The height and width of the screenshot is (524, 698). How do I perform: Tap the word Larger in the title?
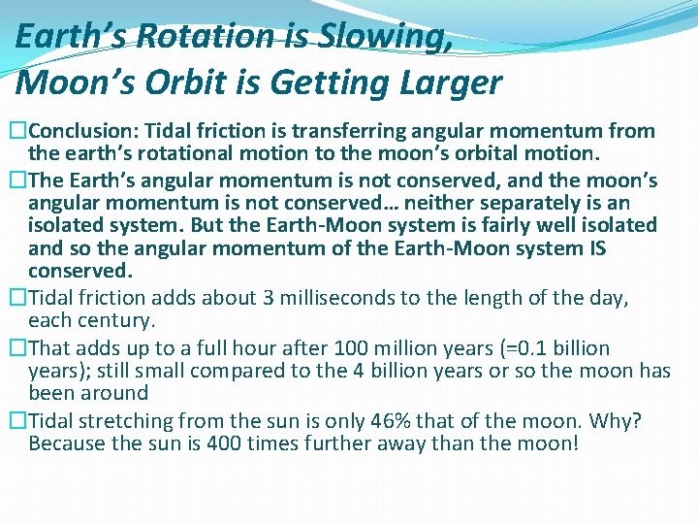point(452,82)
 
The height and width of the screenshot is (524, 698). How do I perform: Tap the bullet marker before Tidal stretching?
point(16,421)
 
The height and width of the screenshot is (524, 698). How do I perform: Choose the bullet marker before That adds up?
point(16,348)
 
